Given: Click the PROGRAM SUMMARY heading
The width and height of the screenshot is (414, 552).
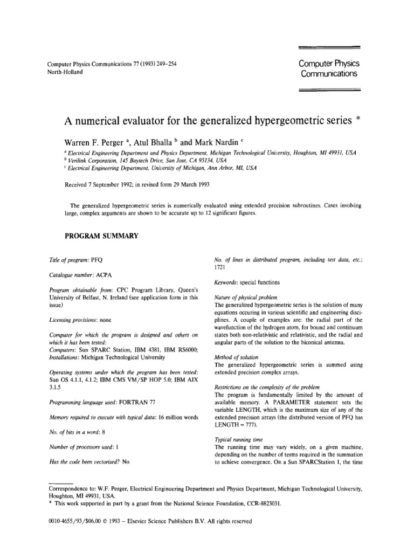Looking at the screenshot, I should pyautogui.click(x=102, y=236).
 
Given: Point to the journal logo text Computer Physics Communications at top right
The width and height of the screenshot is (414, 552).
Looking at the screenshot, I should pyautogui.click(x=328, y=68).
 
